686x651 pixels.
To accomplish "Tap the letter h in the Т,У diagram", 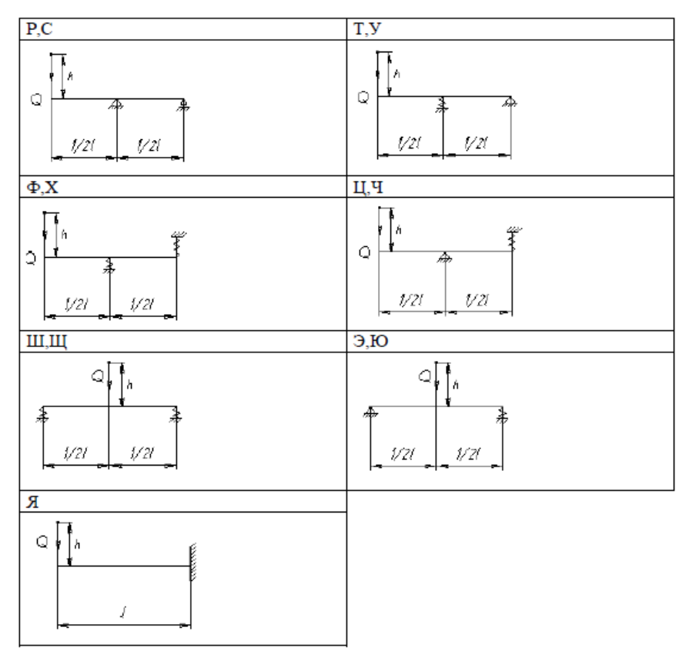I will (398, 74).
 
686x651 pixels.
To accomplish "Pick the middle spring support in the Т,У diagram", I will (443, 105).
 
